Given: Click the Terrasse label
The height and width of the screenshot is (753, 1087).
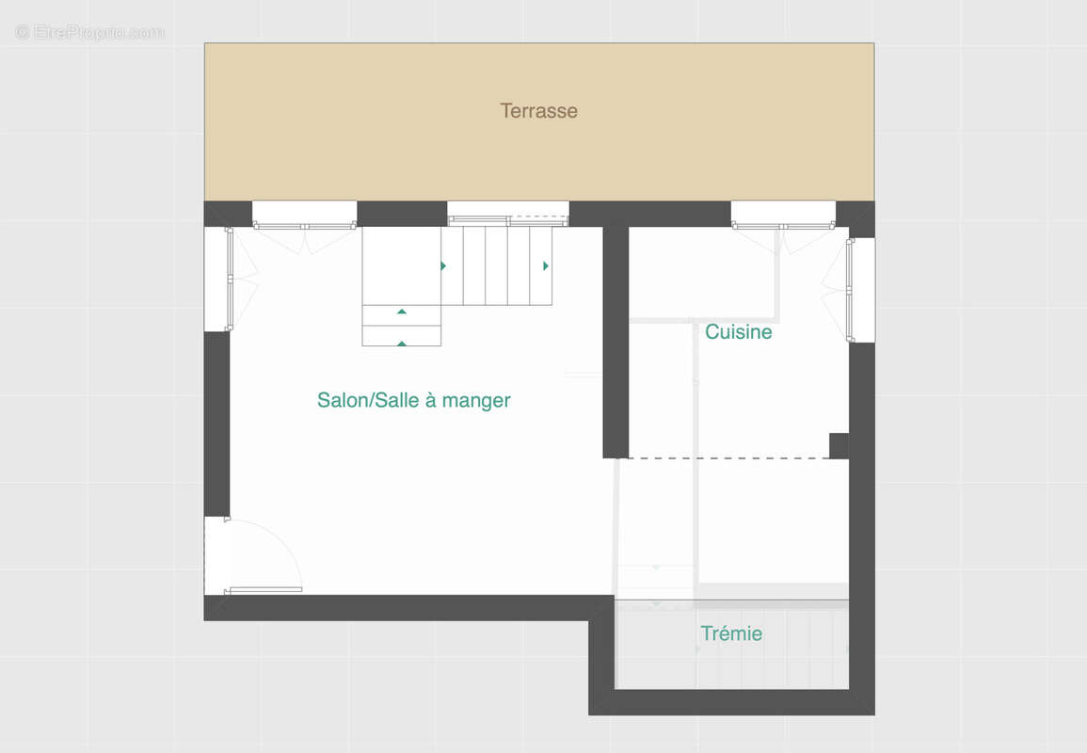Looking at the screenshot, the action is coord(538,111).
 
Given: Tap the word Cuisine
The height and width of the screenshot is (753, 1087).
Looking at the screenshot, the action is coord(738,331).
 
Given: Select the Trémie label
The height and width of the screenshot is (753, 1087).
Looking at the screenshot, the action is coord(731,633).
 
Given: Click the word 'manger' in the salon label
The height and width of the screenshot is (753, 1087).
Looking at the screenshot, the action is coord(476,401).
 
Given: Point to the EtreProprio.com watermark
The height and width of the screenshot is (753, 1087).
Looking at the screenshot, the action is coord(89,32).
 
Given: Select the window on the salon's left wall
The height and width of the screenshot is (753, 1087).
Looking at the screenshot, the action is coord(228,279).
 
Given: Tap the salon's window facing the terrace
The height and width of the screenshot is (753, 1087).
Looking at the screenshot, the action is coord(304,225).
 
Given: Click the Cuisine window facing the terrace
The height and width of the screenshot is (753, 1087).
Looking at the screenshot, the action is coord(783,225).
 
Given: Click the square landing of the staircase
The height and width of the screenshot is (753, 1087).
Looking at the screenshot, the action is coord(401,265).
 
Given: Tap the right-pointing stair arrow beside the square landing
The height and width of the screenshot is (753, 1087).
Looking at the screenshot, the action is coord(443,265).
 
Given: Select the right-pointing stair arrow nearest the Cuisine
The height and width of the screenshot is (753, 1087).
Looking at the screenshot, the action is coord(546,265).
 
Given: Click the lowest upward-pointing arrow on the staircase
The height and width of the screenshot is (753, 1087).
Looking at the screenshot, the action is coord(401,344).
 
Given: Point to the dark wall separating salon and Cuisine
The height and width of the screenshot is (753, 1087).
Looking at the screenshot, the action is coord(615,342).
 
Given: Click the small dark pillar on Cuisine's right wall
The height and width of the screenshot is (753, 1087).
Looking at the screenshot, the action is coord(839,446).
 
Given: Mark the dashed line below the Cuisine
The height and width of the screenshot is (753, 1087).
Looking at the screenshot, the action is coord(728,458).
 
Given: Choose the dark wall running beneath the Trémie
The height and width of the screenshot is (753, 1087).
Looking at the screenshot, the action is coord(731,702).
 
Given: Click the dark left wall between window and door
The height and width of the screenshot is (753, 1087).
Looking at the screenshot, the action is coord(217,424).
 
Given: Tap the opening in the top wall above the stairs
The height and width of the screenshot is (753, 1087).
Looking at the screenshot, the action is coord(508,213).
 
